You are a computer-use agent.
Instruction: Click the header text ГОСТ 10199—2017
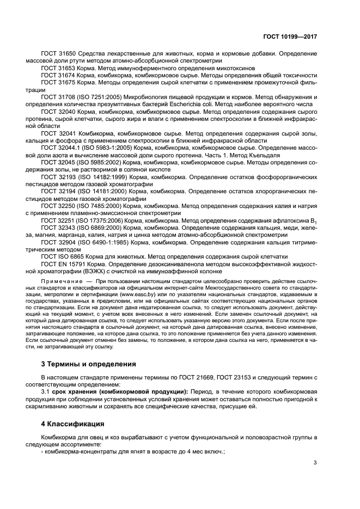click(291, 36)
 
